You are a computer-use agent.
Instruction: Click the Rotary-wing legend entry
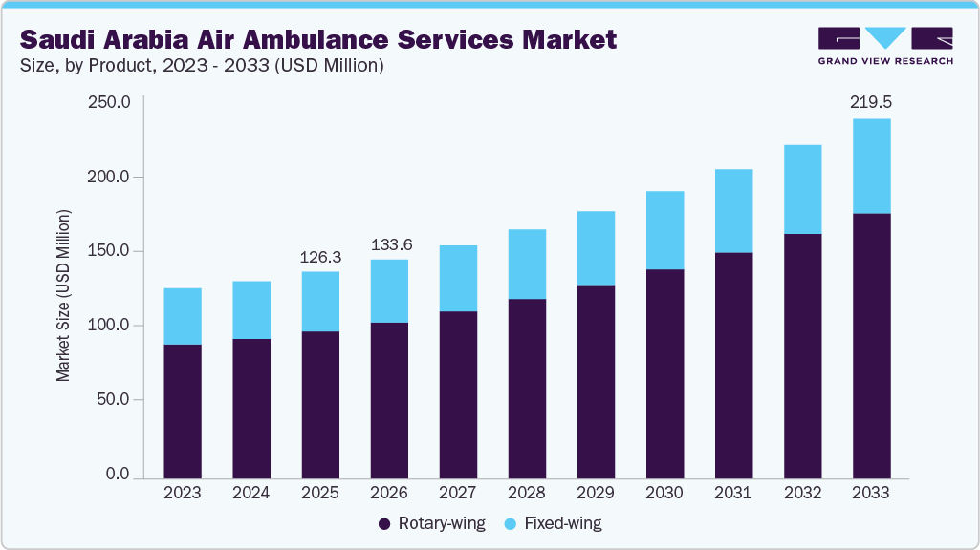(x=432, y=523)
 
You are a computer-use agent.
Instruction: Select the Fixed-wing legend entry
(x=551, y=523)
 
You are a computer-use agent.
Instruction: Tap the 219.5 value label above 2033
(x=871, y=102)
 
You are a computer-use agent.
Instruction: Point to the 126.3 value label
(x=320, y=257)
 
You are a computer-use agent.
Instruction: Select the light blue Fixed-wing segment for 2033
(x=871, y=166)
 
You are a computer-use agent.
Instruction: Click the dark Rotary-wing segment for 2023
(x=183, y=411)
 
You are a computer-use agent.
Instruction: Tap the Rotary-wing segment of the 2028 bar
(x=527, y=389)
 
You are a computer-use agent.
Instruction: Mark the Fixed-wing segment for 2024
(x=251, y=310)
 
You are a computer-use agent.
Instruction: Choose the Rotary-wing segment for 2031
(x=733, y=365)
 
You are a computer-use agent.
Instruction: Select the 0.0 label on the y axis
(x=117, y=475)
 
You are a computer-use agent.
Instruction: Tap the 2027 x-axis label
(x=458, y=494)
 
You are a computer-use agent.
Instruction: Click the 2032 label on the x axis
(x=802, y=494)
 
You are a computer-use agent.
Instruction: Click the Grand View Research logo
(x=885, y=46)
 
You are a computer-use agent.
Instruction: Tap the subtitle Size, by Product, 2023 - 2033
(x=202, y=65)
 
